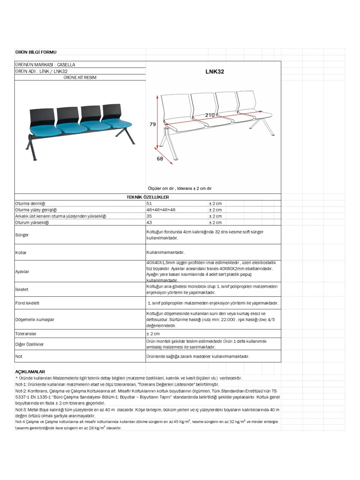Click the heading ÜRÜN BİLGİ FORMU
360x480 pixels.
(36, 52)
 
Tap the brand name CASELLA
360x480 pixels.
(66, 65)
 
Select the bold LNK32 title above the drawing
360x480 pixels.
(214, 72)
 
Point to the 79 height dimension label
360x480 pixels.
(153, 124)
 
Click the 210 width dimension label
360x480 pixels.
(210, 115)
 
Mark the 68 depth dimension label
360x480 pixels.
(160, 159)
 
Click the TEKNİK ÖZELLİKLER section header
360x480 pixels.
(148, 197)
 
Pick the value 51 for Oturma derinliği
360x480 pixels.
(149, 203)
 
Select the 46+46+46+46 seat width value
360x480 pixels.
(161, 210)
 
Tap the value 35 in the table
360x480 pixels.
(149, 216)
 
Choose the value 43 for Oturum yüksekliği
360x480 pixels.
(149, 223)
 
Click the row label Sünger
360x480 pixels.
(22, 235)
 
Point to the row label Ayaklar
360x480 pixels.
(22, 271)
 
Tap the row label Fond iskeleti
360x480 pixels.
(27, 303)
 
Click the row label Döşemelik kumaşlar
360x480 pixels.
(35, 319)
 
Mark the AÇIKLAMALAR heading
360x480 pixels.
(30, 372)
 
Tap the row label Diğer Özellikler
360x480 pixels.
(29, 344)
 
